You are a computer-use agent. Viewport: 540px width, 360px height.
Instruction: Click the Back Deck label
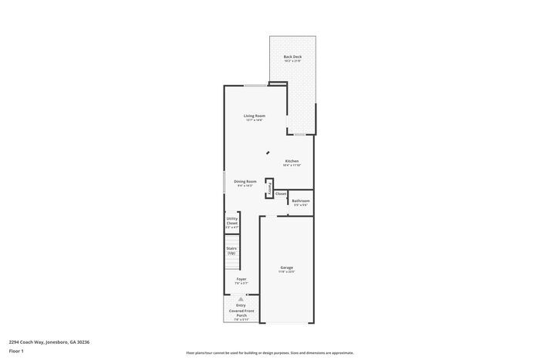tap(292, 56)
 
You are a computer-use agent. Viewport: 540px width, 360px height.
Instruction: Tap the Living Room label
tap(255, 116)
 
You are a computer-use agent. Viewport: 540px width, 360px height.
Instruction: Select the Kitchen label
tap(292, 161)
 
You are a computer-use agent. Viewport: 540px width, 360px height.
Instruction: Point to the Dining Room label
tap(245, 181)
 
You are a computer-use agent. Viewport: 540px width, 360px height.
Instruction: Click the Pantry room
tap(269, 188)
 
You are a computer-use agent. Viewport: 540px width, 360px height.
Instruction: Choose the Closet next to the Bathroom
tap(281, 193)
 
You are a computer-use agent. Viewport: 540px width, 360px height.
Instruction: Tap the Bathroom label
tap(301, 200)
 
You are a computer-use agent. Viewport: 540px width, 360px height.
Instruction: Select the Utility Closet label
tap(232, 220)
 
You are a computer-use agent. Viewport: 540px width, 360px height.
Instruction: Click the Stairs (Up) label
tap(231, 251)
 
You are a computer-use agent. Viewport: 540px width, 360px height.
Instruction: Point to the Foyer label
tap(241, 279)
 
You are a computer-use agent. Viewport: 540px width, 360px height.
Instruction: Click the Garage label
tap(286, 267)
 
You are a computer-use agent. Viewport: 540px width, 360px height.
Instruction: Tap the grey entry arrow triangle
tap(241, 298)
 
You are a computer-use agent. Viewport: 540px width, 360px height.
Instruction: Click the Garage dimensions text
tap(286, 272)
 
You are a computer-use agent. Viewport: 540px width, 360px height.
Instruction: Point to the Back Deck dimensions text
tap(292, 62)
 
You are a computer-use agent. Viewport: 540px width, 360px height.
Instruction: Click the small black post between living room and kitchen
tap(268, 153)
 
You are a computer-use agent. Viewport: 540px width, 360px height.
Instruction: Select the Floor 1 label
tap(16, 351)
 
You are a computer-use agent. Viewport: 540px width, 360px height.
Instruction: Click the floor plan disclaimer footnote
tap(270, 352)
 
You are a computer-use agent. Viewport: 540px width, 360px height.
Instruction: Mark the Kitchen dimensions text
tap(292, 166)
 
